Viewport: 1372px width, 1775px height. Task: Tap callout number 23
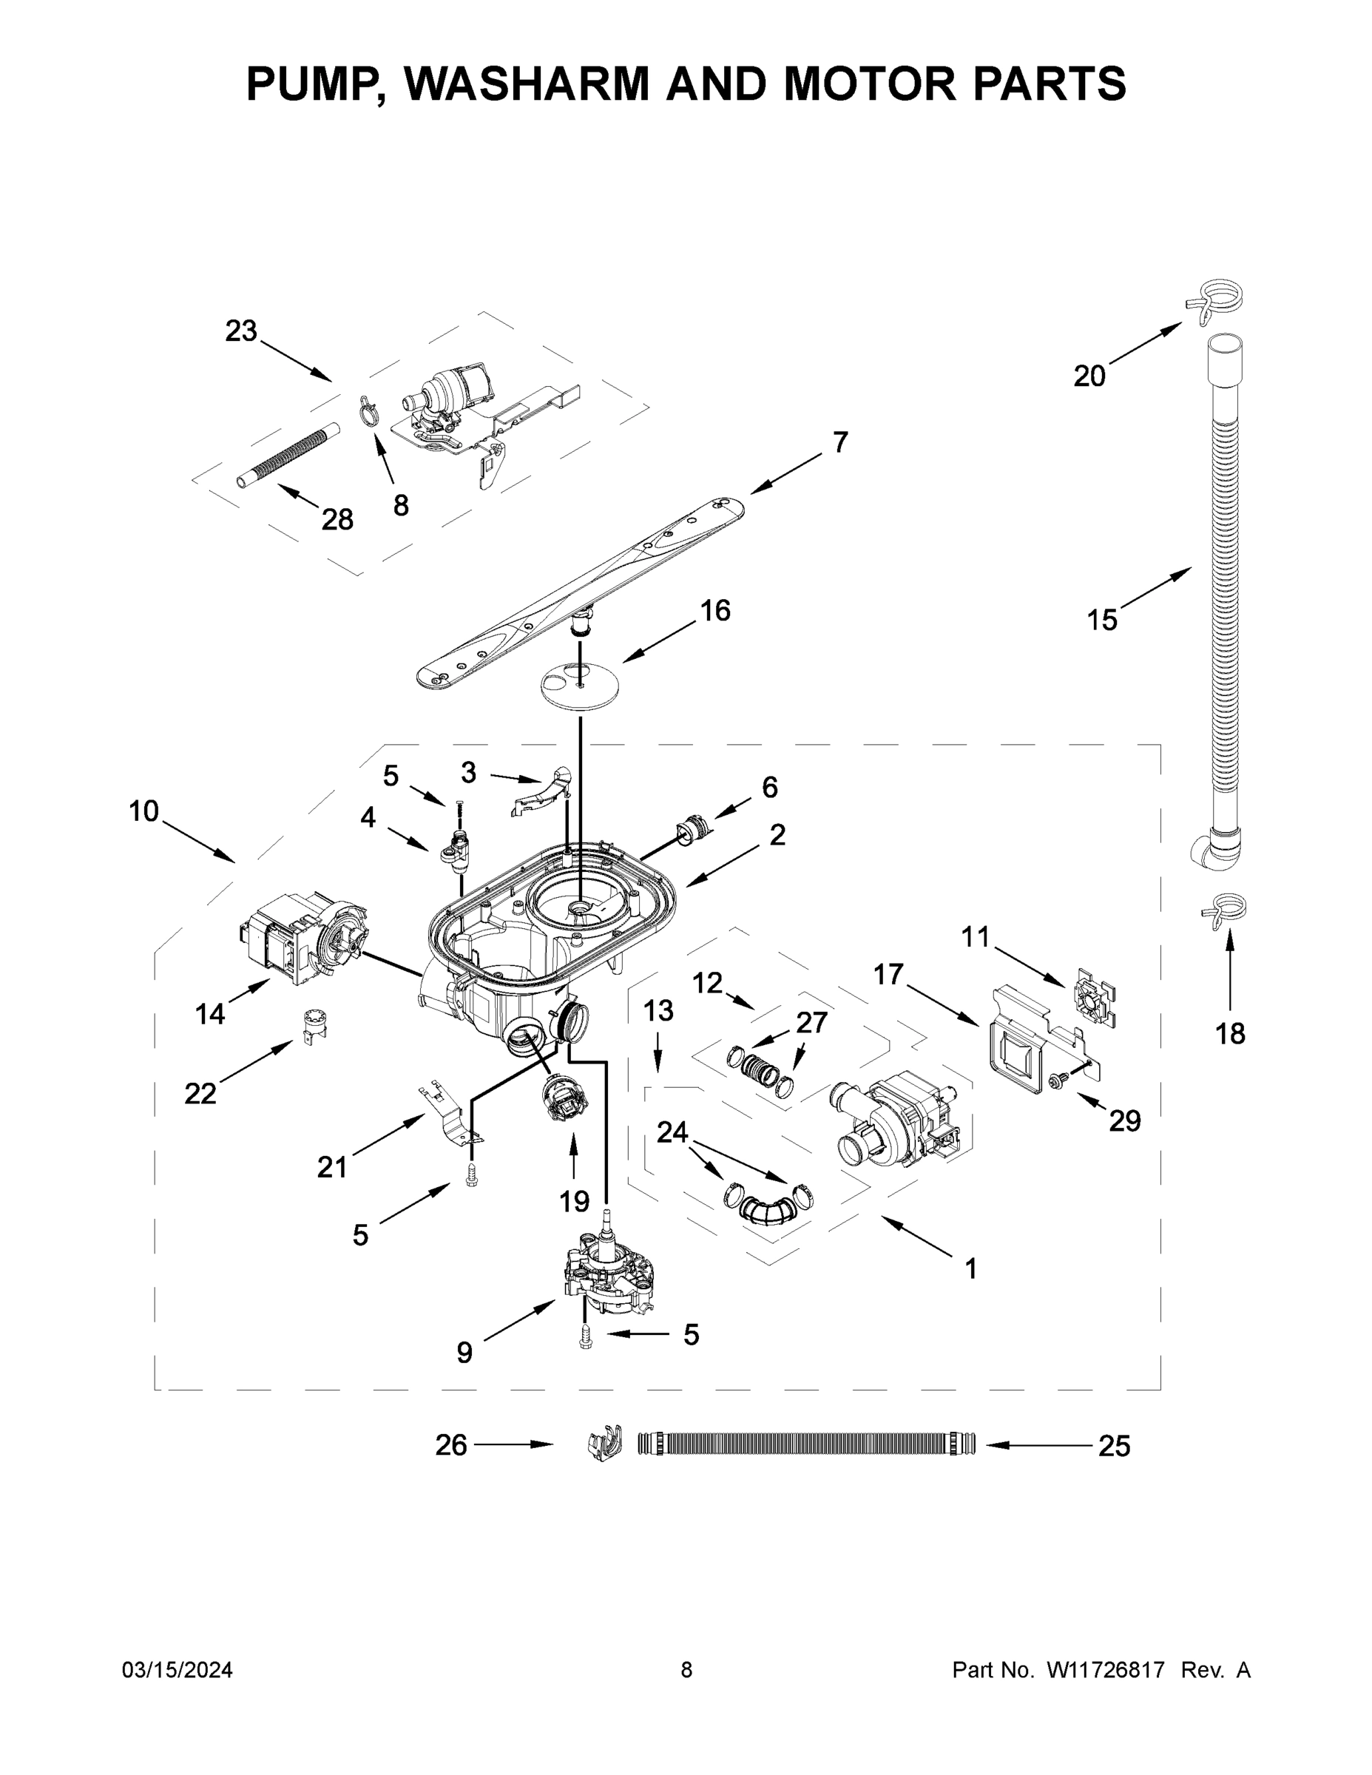coord(240,331)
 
